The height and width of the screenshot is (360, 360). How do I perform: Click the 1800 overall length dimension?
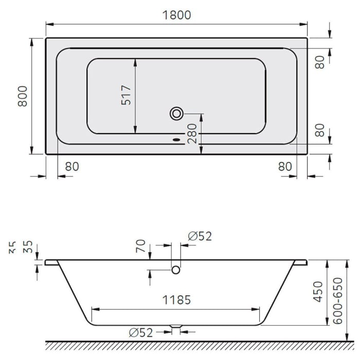[x=176, y=15]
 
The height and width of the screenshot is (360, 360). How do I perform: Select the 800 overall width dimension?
[x=23, y=96]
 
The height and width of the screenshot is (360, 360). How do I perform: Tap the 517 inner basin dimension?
[x=126, y=95]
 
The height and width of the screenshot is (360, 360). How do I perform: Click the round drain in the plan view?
[x=176, y=113]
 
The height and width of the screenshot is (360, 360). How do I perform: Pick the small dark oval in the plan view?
[x=176, y=138]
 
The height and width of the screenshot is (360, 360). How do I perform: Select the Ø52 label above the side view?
[x=200, y=236]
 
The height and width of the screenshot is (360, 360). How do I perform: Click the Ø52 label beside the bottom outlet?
[x=141, y=333]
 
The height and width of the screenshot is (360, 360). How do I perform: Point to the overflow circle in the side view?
[x=175, y=269]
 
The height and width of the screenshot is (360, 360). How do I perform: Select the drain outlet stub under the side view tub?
[x=175, y=326]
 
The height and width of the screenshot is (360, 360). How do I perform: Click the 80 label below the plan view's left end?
[x=72, y=167]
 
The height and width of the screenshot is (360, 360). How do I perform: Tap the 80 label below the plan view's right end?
[x=284, y=167]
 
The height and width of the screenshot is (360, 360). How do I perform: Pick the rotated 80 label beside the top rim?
[x=320, y=62]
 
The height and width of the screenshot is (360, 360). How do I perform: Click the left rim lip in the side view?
[x=50, y=262]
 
